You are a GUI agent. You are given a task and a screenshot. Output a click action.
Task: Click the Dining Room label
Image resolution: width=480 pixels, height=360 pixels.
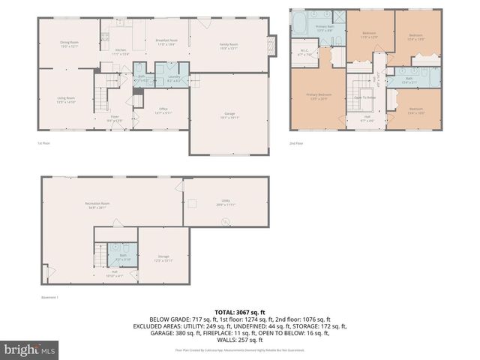click(x=70, y=43)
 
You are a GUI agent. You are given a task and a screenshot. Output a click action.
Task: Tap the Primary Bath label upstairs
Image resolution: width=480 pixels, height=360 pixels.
click(x=324, y=28)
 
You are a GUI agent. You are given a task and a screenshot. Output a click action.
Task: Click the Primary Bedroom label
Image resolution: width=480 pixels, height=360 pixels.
click(x=319, y=96)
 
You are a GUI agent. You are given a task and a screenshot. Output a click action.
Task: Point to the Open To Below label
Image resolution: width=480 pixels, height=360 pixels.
click(x=364, y=97)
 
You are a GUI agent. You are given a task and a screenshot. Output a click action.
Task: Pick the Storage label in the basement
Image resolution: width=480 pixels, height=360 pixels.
click(x=163, y=257)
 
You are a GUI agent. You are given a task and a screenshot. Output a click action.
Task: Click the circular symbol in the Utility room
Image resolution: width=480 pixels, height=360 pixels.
click(x=223, y=220)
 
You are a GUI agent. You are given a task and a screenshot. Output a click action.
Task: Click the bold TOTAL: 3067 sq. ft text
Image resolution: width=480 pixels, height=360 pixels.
click(x=239, y=312)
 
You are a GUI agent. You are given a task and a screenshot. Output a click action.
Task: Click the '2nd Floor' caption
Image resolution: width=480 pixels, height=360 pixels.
click(x=298, y=143)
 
